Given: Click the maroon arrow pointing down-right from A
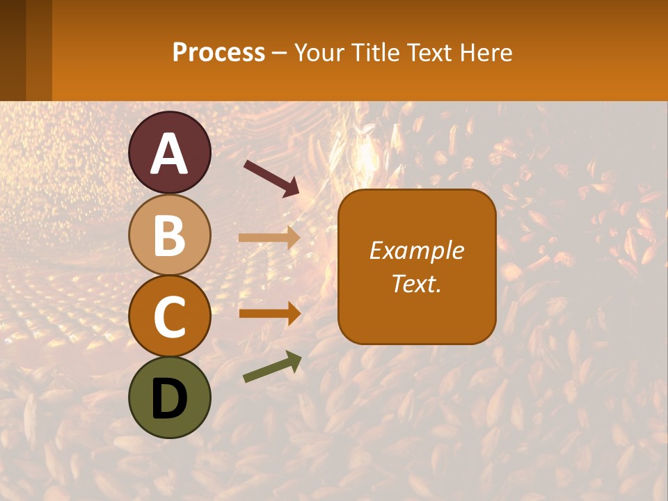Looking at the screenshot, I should (x=271, y=178).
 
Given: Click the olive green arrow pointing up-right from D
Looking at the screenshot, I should (x=272, y=367).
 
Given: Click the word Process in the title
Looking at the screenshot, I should (x=218, y=52).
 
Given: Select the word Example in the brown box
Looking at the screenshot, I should (x=417, y=250).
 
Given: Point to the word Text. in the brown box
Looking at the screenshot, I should (x=417, y=283).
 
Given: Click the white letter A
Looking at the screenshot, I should (x=169, y=154).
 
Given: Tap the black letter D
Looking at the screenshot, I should (x=169, y=398).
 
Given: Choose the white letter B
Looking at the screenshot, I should (x=169, y=235).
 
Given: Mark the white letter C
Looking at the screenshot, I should (x=169, y=317).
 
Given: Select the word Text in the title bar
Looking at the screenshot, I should (x=428, y=52).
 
